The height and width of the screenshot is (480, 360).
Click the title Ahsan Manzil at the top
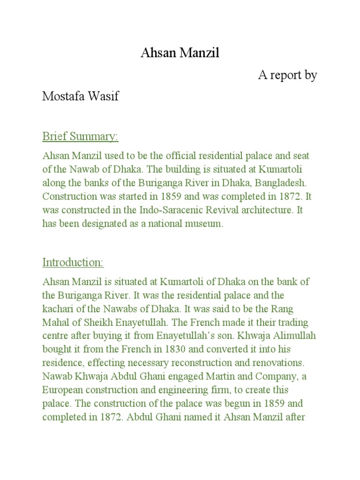[180, 54]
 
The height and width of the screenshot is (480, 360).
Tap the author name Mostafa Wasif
[80, 97]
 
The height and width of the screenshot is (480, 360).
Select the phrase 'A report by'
[287, 75]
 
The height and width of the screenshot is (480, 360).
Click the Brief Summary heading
[80, 137]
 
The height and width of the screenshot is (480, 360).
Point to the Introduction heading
[73, 262]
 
